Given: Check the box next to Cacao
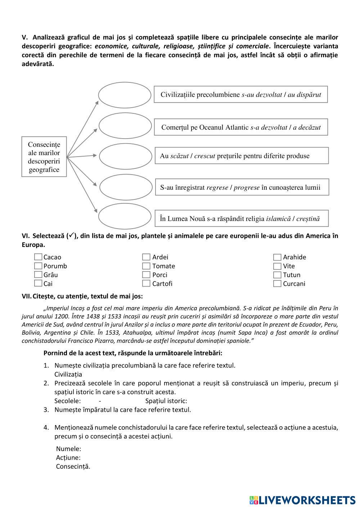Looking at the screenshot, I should [38, 257].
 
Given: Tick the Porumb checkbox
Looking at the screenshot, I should [38, 266].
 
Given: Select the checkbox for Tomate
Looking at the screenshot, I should [146, 266].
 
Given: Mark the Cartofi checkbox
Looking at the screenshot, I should [146, 283].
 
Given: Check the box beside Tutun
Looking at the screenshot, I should [277, 275].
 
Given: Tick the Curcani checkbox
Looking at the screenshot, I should [277, 284].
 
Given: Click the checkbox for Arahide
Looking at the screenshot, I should [277, 257].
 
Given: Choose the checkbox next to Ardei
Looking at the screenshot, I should [146, 257].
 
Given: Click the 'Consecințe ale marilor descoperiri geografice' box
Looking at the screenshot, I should [44, 157].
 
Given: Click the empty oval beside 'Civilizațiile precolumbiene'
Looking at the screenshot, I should [125, 95].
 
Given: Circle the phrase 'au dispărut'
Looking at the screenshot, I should [304, 95].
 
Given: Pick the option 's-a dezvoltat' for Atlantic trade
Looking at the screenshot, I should [269, 127].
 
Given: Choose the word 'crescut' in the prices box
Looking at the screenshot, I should [204, 156].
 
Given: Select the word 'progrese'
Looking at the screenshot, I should [247, 188].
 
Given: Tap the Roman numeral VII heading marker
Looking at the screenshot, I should [26, 296].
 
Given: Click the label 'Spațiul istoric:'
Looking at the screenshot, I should [166, 401].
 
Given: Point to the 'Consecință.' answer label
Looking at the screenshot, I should [73, 467].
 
